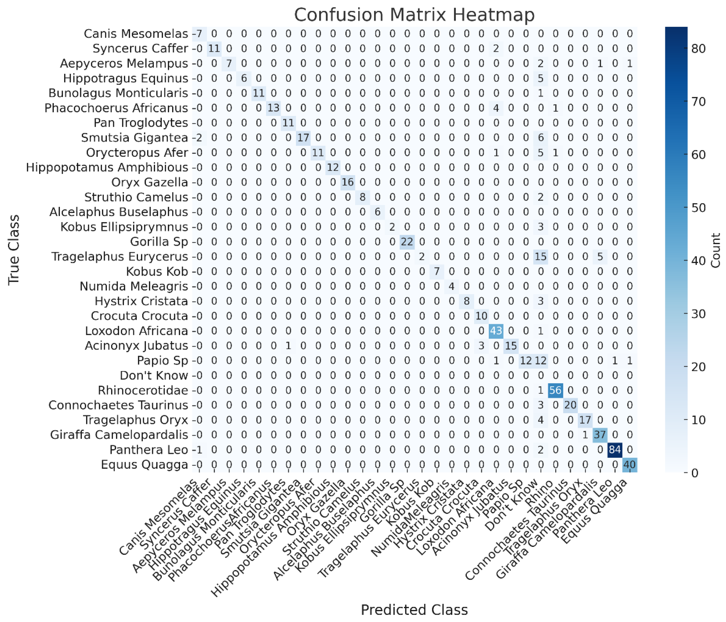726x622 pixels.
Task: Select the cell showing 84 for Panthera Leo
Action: click(615, 449)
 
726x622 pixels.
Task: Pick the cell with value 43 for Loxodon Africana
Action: click(496, 330)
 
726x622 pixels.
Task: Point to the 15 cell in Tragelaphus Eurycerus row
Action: click(540, 256)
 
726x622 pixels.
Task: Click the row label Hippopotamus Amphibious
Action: click(107, 167)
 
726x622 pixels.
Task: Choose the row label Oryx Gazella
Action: click(150, 182)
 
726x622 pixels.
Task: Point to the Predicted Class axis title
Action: click(414, 610)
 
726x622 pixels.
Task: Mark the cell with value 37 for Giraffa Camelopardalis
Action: click(600, 435)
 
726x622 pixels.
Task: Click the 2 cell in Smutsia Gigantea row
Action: click(199, 137)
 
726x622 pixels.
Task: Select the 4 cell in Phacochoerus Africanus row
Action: click(496, 108)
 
